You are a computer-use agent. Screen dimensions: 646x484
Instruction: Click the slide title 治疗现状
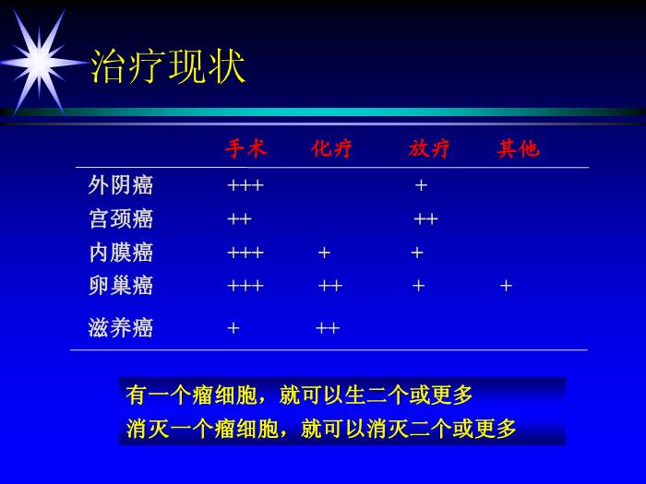(x=168, y=67)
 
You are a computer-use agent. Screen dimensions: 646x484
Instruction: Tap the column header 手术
(x=246, y=148)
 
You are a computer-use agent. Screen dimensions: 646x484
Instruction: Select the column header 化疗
(x=331, y=148)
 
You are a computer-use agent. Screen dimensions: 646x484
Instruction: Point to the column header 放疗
(x=429, y=148)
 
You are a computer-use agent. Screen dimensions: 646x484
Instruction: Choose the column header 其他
(x=518, y=148)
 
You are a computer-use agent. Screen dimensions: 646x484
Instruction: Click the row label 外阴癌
(x=120, y=185)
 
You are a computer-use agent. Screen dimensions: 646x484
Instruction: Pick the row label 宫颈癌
(x=121, y=218)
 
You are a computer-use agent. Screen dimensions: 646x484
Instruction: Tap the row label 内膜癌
(x=121, y=253)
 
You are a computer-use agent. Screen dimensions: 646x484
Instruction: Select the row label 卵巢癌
(x=121, y=286)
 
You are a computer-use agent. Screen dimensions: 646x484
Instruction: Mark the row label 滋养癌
(x=120, y=328)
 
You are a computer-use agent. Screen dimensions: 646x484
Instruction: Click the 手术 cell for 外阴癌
(x=245, y=185)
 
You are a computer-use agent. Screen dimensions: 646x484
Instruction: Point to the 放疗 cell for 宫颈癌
(x=425, y=219)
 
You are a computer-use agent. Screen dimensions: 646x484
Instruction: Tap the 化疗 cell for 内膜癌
(x=324, y=253)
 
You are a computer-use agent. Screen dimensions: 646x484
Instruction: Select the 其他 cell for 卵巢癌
(x=506, y=286)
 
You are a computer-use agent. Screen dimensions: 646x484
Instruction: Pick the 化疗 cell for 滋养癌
(x=328, y=328)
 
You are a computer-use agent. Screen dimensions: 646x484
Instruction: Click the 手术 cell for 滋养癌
(x=233, y=328)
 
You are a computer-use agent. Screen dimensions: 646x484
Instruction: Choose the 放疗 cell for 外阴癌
(x=421, y=185)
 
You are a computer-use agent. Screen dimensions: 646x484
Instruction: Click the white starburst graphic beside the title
(x=41, y=63)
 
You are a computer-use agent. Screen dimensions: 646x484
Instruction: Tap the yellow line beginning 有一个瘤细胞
(x=299, y=395)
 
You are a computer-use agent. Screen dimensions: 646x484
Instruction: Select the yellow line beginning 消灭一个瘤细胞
(x=321, y=429)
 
